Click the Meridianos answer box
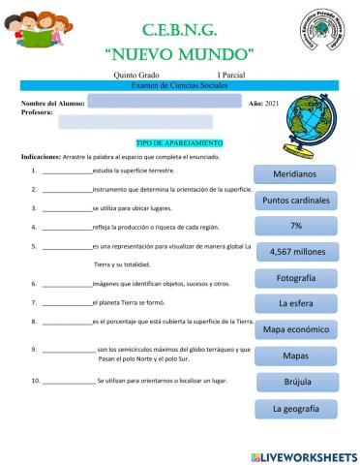(x=295, y=174)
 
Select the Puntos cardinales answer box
(x=295, y=201)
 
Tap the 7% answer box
(x=295, y=226)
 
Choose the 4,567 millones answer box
(x=295, y=252)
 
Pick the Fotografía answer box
(x=295, y=278)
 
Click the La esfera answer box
(x=295, y=303)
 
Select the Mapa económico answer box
(x=295, y=329)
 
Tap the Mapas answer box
(x=295, y=356)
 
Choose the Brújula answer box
(x=295, y=382)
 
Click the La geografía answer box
(x=295, y=408)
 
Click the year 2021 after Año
(x=271, y=102)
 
